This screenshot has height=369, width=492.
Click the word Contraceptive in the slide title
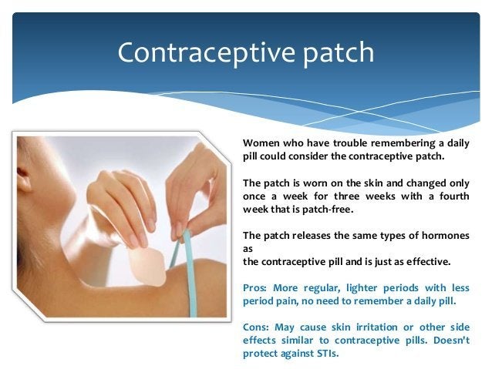[x=206, y=52]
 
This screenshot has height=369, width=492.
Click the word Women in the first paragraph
[x=261, y=143]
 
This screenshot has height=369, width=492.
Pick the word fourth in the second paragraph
[x=454, y=196]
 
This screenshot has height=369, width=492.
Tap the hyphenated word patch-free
[x=328, y=210]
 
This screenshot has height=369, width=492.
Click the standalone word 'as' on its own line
[x=248, y=250]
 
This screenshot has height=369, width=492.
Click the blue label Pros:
[x=254, y=288]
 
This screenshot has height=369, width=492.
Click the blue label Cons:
[x=256, y=327]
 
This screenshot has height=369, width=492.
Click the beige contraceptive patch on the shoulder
[x=147, y=267]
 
